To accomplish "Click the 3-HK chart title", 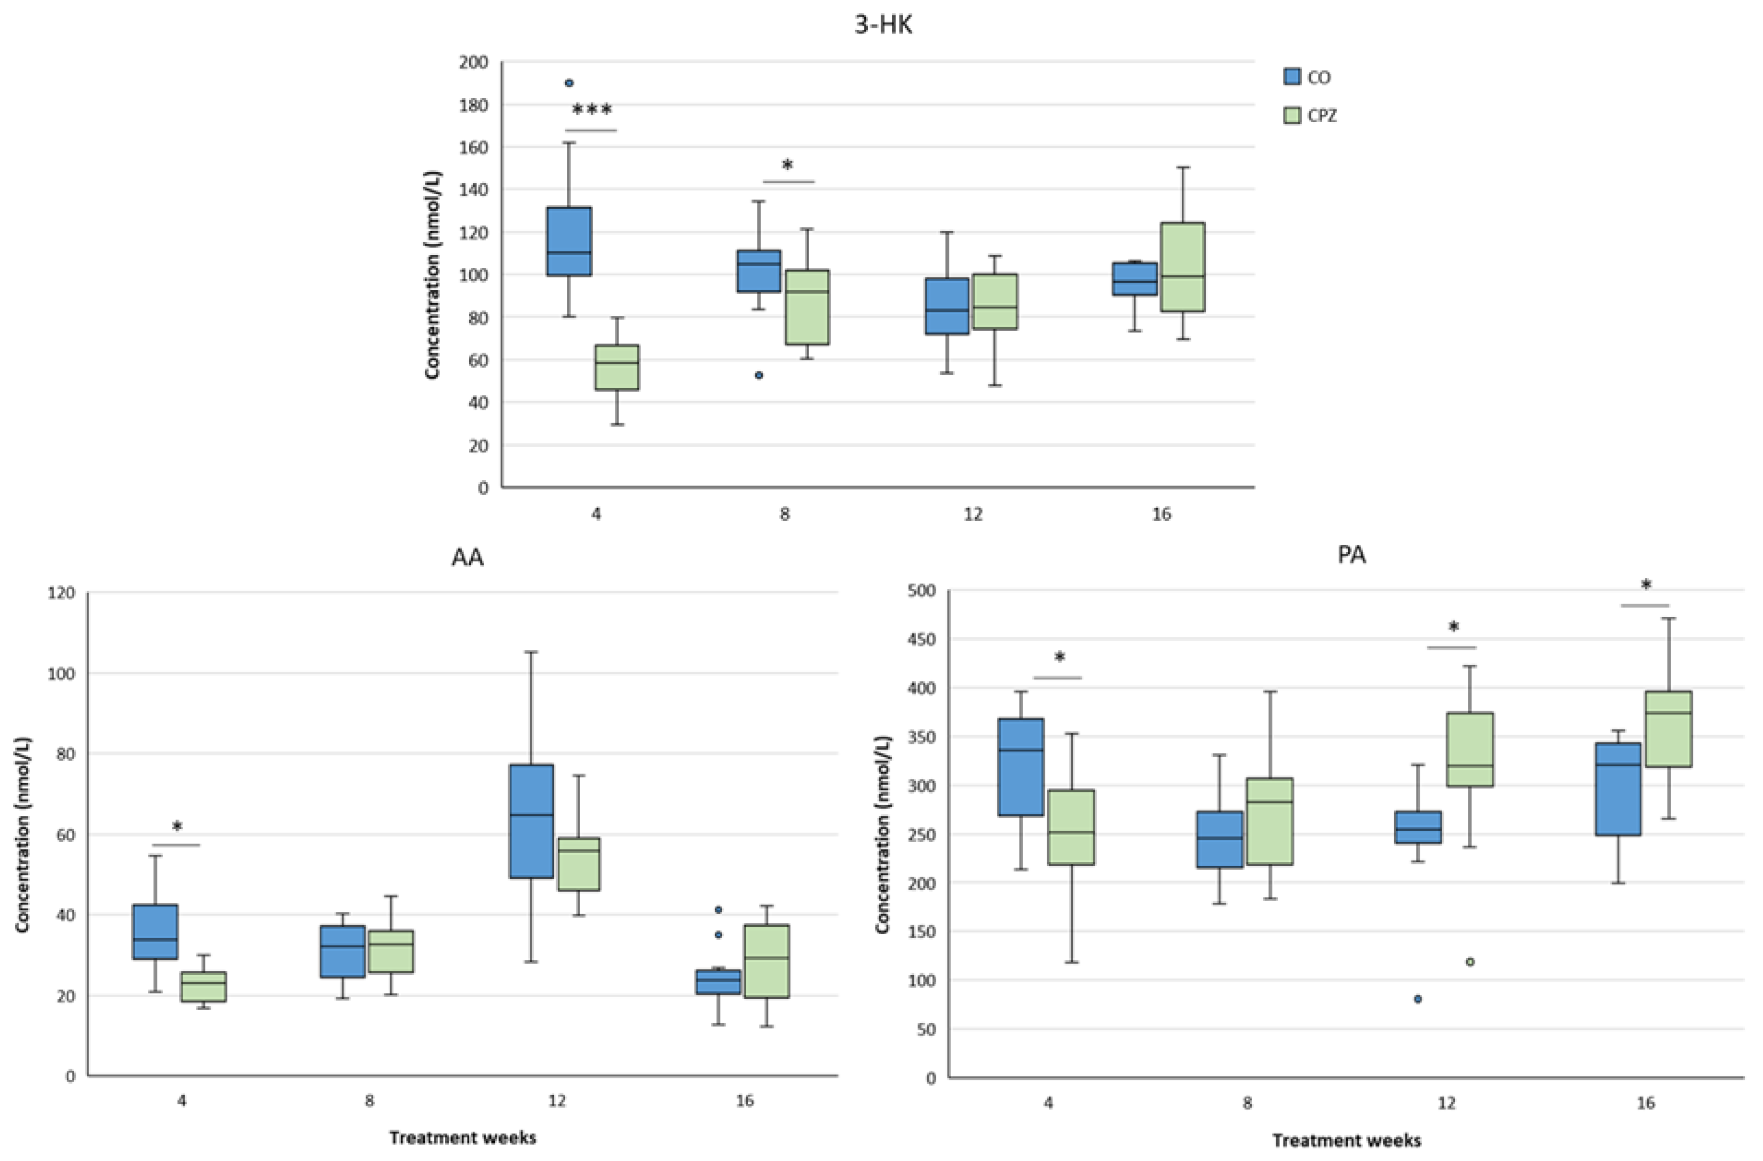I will point(883,25).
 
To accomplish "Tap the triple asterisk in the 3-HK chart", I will point(592,111).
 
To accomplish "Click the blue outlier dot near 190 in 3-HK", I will point(569,83).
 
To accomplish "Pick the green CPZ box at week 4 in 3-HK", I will point(617,367).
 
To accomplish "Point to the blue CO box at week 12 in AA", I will point(531,821).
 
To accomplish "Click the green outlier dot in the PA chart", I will point(1471,962).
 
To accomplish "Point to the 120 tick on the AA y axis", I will point(61,593).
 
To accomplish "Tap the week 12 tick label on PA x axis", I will point(1446,1102).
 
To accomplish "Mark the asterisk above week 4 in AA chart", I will point(177,827).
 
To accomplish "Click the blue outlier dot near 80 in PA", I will point(1418,999).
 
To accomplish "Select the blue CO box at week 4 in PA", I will point(1021,767).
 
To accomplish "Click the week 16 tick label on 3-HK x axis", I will point(1161,514).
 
